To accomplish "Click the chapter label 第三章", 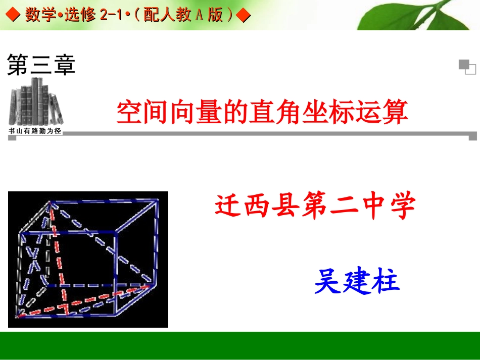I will coord(41,66).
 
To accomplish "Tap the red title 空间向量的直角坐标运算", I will coord(262,112).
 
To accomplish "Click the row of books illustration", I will coord(35,102).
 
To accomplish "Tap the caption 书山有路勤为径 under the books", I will coord(35,131).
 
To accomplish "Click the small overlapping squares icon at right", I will coord(467,67).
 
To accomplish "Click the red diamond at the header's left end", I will coord(13,16).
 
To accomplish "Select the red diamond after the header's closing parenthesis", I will coord(244,16).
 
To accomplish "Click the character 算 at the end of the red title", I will coord(395,112).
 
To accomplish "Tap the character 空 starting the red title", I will coord(128,112).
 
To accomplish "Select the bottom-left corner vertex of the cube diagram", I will coord(18,316).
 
